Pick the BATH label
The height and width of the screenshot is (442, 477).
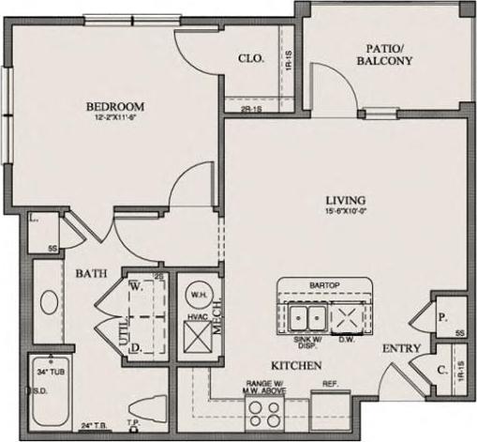click(x=91, y=273)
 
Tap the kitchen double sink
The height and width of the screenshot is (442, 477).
click(x=307, y=314)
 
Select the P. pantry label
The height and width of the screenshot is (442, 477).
click(x=440, y=316)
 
